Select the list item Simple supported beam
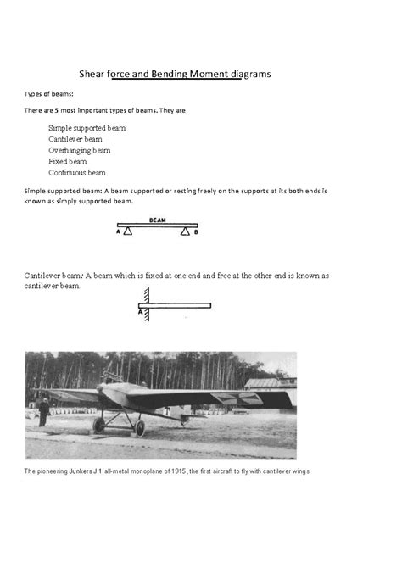coord(87,128)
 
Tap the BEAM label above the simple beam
coord(157,219)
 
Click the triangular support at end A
coord(127,230)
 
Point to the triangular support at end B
coord(185,230)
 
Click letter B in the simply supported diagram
coord(196,231)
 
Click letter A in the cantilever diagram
coord(139,311)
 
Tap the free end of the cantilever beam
coord(209,305)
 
